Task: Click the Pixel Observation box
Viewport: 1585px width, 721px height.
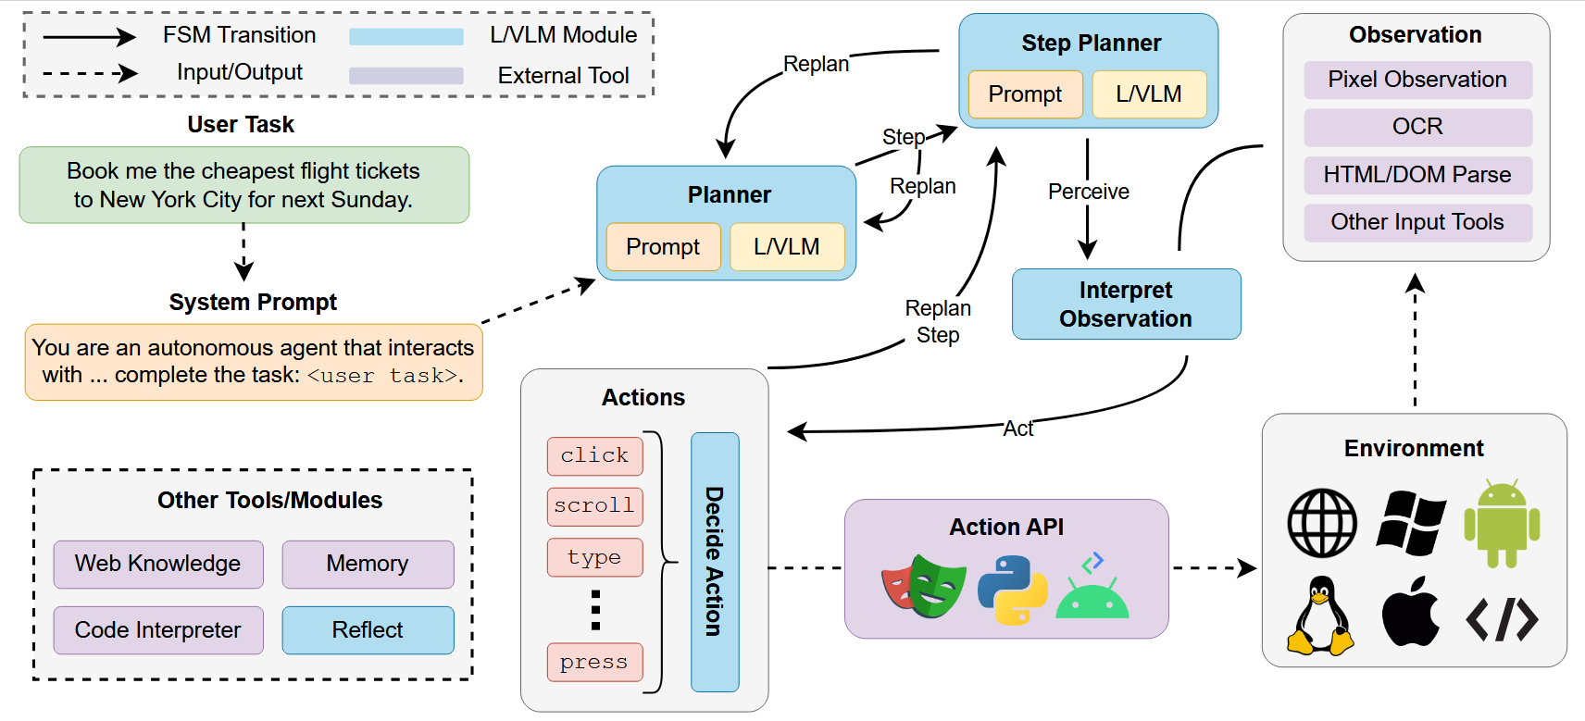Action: point(1417,80)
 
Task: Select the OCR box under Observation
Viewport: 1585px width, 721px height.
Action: point(1417,127)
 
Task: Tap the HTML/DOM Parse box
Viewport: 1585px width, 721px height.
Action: point(1417,175)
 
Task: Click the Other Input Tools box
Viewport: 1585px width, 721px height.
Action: point(1417,222)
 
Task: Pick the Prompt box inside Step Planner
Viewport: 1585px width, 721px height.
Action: point(1025,94)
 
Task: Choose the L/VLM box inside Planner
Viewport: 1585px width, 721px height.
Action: point(787,247)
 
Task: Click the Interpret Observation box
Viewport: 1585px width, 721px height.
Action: point(1126,305)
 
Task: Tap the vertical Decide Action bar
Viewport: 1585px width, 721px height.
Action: point(714,562)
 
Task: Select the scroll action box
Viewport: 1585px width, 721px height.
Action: point(594,506)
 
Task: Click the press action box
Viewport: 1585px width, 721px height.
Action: point(594,663)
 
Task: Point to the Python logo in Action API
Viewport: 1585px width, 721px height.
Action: point(1013,590)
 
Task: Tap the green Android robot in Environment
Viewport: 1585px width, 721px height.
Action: point(1502,525)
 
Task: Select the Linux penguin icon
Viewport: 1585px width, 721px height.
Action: point(1321,616)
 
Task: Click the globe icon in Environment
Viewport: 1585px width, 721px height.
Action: point(1322,524)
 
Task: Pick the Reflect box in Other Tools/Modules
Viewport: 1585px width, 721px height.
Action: point(368,630)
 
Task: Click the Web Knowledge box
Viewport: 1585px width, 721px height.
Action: point(158,564)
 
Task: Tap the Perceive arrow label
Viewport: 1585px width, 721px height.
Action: point(1088,192)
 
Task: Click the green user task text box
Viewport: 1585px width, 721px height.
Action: point(243,185)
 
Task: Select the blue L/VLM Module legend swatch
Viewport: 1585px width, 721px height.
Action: point(406,37)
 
